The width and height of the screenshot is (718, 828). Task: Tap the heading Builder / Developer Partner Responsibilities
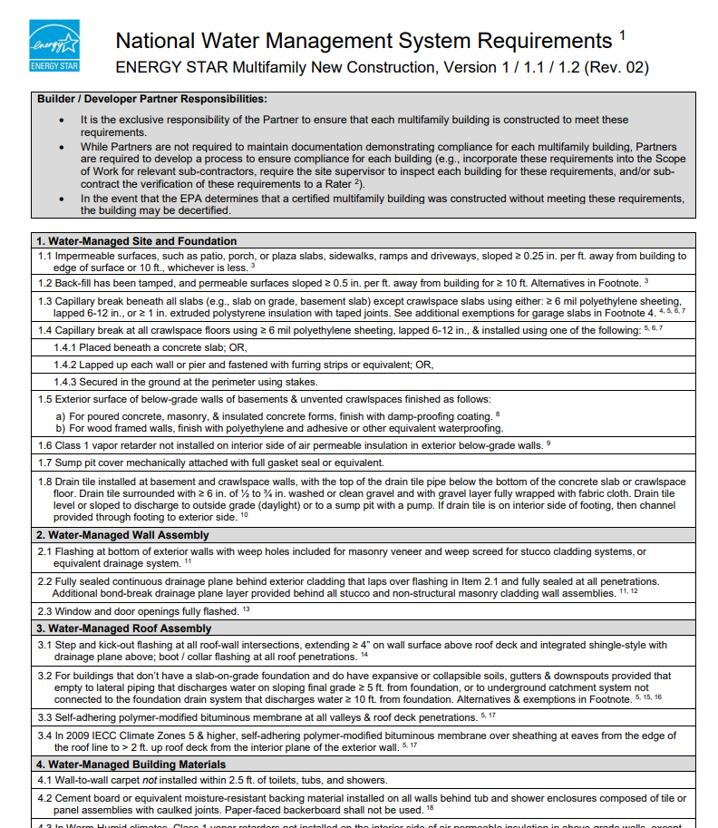[x=151, y=99]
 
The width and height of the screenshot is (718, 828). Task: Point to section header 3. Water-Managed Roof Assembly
[x=123, y=628]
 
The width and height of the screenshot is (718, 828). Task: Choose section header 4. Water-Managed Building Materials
[x=134, y=765]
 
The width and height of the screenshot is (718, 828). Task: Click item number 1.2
[x=45, y=283]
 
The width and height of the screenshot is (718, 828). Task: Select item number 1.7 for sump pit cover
[x=45, y=463]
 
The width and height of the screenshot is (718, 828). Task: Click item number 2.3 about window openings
[x=45, y=611]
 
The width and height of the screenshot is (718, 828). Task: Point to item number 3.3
[x=45, y=716]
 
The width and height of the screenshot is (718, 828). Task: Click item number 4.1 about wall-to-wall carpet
[x=45, y=780]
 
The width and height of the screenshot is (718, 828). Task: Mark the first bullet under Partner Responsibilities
[x=62, y=120]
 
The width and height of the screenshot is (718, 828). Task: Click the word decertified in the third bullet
[x=205, y=210]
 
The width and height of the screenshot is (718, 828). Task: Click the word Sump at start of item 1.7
[x=69, y=463]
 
